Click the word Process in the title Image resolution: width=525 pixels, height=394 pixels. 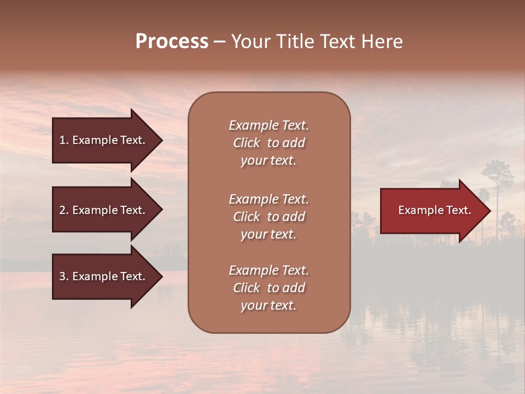click(172, 42)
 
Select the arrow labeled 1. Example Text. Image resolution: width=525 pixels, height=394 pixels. click(104, 140)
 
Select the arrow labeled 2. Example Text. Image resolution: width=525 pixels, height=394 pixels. click(104, 210)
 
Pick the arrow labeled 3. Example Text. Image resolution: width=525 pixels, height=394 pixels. click(104, 276)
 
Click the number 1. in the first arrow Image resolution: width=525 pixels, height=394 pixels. click(64, 140)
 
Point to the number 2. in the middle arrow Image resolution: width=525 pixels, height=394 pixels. click(64, 210)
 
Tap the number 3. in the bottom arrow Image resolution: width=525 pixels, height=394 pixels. click(64, 276)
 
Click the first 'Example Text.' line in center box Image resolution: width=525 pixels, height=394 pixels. click(269, 125)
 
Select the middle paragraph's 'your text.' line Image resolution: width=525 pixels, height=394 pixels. click(269, 234)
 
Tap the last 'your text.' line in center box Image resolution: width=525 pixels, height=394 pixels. click(269, 305)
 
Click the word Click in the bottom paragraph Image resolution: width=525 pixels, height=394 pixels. click(247, 288)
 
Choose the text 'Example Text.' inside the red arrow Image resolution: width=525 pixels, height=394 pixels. click(434, 210)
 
